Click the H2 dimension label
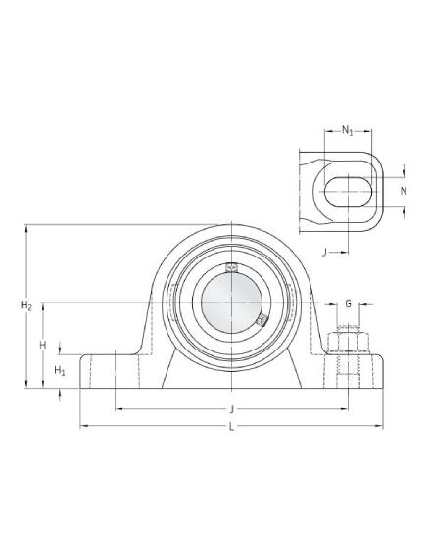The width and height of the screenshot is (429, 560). [x=26, y=305]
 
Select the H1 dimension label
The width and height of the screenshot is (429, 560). [x=60, y=371]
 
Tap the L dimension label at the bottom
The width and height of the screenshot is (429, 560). [x=231, y=427]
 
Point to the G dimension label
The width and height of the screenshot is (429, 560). [x=348, y=303]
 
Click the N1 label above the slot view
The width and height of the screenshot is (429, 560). [x=347, y=130]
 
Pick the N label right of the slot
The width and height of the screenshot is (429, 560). [x=404, y=192]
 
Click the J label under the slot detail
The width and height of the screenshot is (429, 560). [x=324, y=253]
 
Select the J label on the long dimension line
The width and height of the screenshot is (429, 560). [x=232, y=409]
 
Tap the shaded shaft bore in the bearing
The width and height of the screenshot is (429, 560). [x=231, y=303]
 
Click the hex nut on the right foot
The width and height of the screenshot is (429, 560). [x=349, y=342]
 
